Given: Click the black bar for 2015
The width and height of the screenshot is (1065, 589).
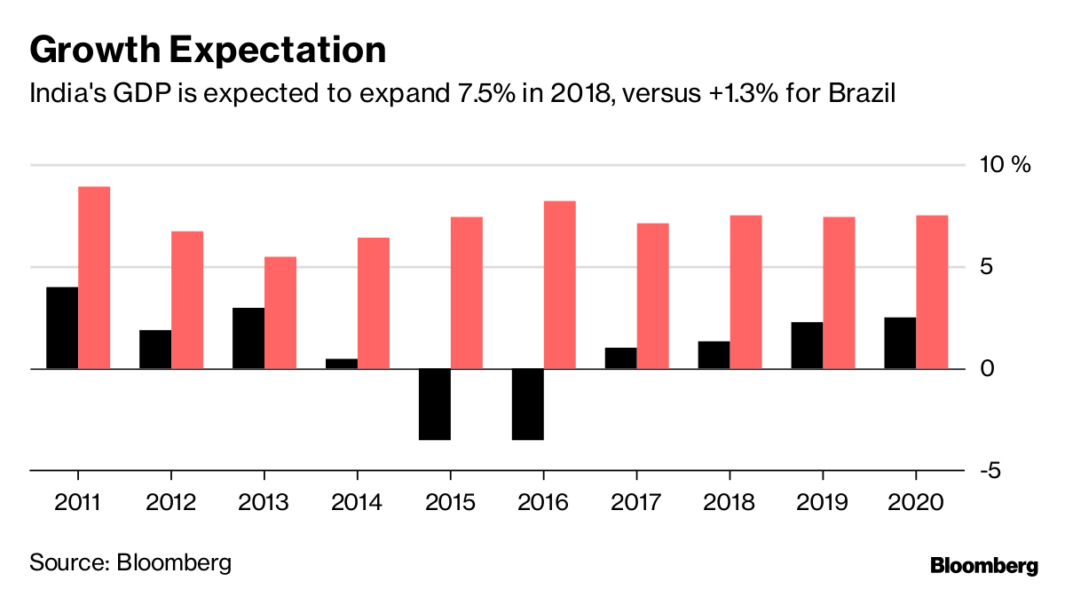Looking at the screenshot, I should [x=435, y=404].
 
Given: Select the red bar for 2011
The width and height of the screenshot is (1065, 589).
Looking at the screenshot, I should [x=94, y=277].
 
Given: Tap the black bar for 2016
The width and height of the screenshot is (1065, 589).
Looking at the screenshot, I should [x=528, y=404].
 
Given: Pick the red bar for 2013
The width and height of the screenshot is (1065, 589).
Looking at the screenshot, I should [x=280, y=312].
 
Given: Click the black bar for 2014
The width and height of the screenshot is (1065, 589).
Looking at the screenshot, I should [x=342, y=364].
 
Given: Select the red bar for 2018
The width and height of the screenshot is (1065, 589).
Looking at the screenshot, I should [x=745, y=292].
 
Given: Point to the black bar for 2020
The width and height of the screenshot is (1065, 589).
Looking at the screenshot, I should [x=900, y=342].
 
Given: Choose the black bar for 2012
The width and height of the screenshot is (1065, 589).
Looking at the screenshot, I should [x=155, y=349].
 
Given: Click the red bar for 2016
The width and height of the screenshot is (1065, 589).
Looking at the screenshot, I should [x=560, y=285].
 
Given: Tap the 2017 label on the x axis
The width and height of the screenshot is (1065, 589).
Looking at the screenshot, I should [x=636, y=503].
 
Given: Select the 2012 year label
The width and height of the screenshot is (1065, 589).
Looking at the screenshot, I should [x=170, y=503].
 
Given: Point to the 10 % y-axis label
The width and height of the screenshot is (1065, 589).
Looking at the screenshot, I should [x=1005, y=165].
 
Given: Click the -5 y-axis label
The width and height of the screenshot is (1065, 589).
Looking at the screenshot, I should [x=991, y=470].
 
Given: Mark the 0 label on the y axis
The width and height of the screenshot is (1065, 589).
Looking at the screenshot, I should [x=988, y=369].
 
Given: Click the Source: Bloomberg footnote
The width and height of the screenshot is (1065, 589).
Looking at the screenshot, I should [x=130, y=562].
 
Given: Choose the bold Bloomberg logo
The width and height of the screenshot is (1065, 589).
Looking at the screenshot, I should [x=983, y=565].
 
